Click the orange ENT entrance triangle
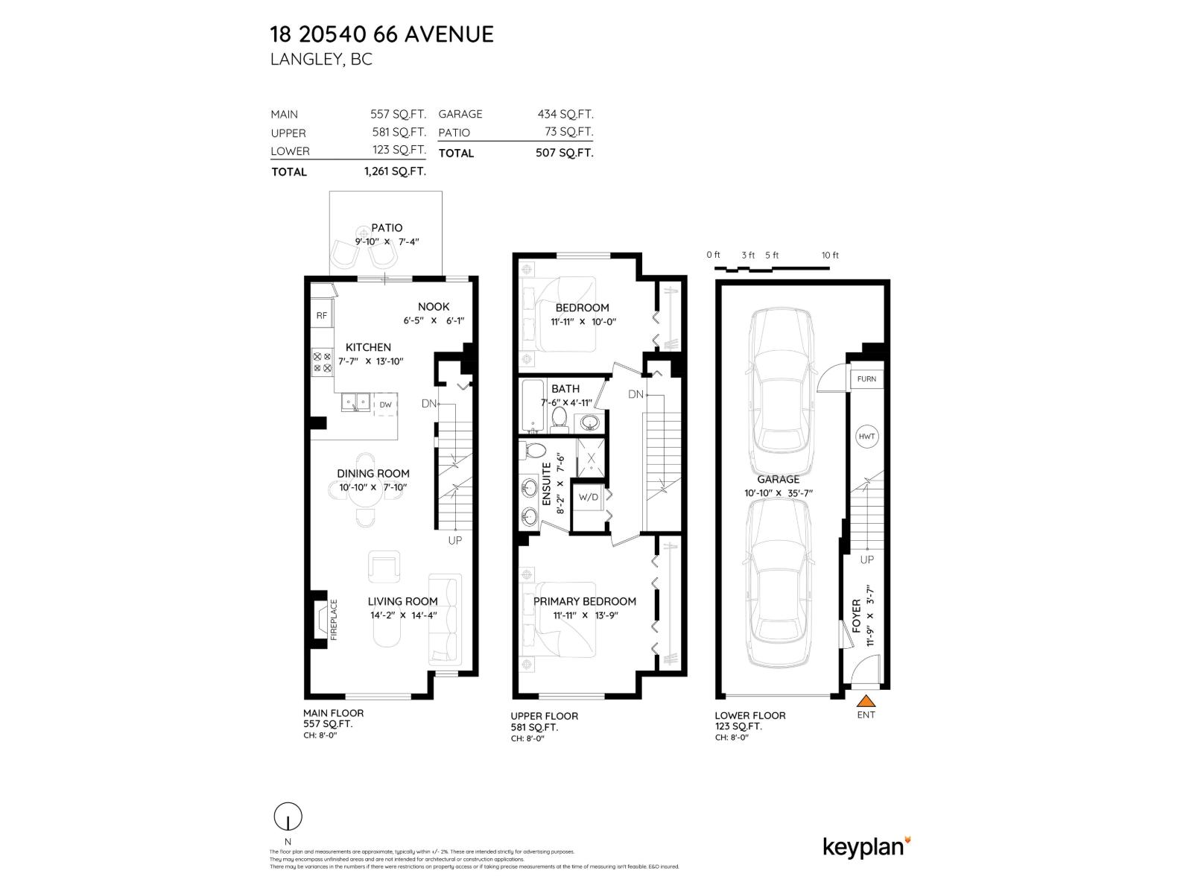click(x=866, y=700)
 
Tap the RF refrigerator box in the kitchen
click(x=321, y=315)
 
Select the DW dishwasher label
click(x=385, y=405)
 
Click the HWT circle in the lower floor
click(x=866, y=437)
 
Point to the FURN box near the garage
click(x=866, y=378)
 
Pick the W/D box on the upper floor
click(x=589, y=497)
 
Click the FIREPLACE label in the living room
click(x=334, y=619)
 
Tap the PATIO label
click(x=387, y=228)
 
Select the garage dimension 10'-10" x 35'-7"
click(x=778, y=493)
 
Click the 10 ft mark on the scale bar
click(x=830, y=256)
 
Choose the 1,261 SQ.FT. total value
click(x=395, y=171)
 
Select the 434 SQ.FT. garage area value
click(x=565, y=114)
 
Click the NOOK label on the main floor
click(x=434, y=306)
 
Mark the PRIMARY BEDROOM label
click(x=585, y=601)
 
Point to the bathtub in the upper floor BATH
click(x=533, y=406)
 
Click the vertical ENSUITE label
click(x=546, y=484)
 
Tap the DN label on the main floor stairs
click(x=428, y=404)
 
